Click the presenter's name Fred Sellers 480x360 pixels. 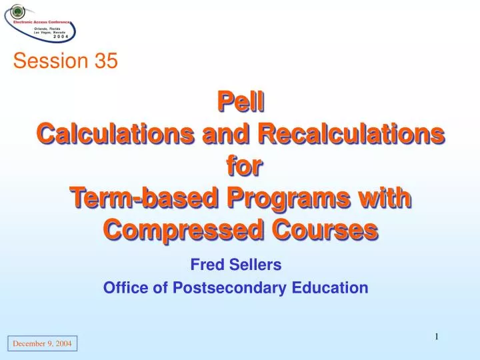236,265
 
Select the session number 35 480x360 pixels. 105,61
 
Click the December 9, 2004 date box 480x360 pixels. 43,344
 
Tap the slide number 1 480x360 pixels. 436,337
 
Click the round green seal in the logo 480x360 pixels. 17,11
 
